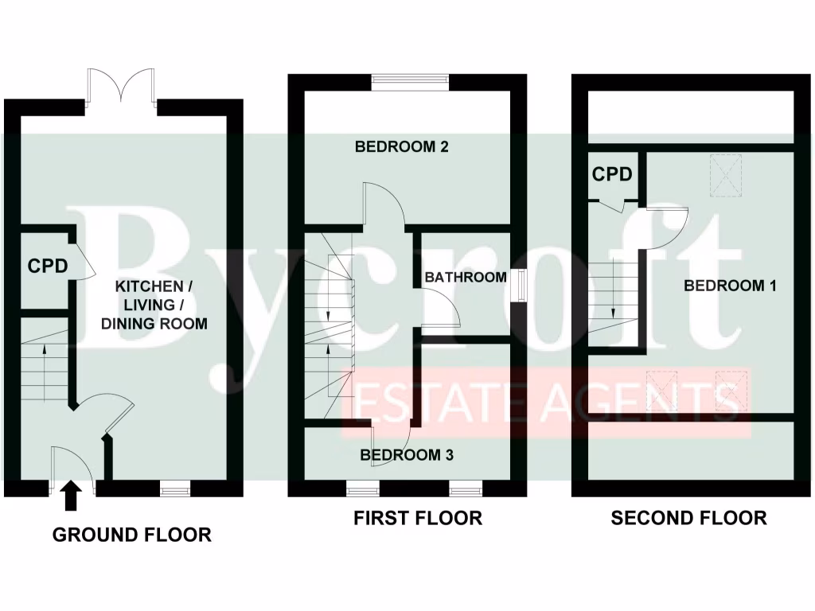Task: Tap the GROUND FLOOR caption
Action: coord(132,535)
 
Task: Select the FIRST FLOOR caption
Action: coord(418,518)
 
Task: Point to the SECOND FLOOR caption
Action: coord(688,518)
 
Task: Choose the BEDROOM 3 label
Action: coord(407,455)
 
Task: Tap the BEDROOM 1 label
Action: coord(730,286)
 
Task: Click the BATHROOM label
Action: coord(465,278)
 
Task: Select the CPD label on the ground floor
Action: coord(49,266)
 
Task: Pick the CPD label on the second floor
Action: coord(612,173)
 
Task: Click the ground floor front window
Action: coord(174,487)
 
